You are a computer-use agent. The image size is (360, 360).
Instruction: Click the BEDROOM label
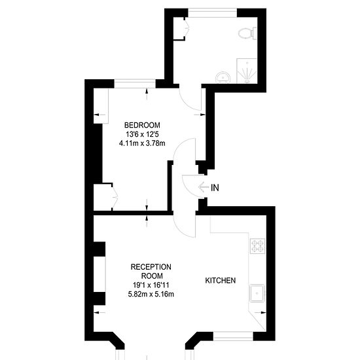[x=142, y=125]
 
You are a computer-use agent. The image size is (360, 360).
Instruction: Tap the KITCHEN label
[x=220, y=280]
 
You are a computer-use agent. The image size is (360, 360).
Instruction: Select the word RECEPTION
[x=151, y=267]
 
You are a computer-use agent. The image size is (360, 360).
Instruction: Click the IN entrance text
[x=215, y=188]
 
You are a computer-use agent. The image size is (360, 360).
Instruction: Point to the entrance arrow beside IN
[x=204, y=187]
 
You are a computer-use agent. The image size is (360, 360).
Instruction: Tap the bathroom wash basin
[x=223, y=77]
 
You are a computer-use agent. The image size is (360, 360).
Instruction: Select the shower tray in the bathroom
[x=247, y=71]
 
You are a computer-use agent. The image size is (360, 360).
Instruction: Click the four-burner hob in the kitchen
[x=257, y=246]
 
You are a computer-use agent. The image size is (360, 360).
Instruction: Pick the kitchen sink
[x=257, y=293]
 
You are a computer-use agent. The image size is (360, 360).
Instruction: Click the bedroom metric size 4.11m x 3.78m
[x=142, y=143]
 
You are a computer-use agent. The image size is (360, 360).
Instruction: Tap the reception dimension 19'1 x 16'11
[x=151, y=285]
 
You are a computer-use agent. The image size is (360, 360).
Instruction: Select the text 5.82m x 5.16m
[x=151, y=294]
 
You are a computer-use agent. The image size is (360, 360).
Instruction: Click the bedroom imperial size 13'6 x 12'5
[x=142, y=134]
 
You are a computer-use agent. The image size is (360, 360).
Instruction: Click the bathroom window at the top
[x=212, y=12]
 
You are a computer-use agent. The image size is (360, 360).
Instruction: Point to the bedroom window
[x=135, y=84]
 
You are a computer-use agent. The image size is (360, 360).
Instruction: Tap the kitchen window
[x=233, y=336]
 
